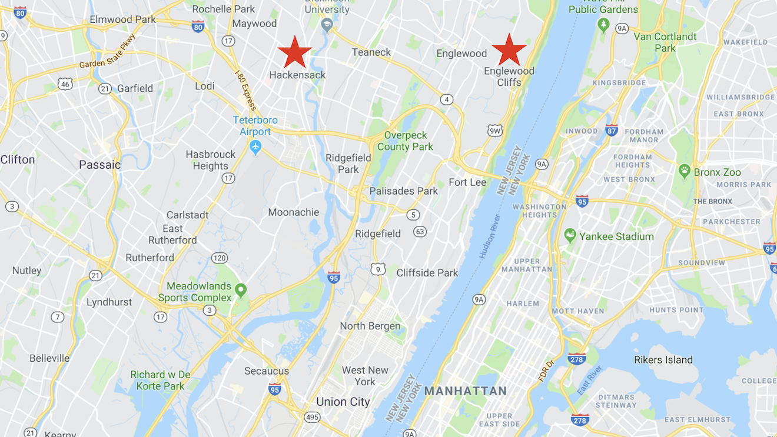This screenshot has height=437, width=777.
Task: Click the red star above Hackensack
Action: pos(294,52)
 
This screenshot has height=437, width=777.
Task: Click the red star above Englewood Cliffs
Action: pos(509,49)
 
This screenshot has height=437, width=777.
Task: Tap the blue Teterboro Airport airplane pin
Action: pos(255,146)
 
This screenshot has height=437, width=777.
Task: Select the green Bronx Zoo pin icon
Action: pos(684,171)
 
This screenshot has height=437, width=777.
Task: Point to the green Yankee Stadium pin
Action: pos(570,235)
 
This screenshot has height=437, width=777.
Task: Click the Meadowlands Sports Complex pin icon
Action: pos(240,289)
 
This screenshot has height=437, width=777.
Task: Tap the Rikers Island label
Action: pos(663,360)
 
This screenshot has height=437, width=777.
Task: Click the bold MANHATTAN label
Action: pos(466,391)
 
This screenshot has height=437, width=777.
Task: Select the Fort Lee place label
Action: pos(467,182)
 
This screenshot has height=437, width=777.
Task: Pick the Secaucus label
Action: pos(267,371)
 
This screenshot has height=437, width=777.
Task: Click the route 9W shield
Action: pos(495,131)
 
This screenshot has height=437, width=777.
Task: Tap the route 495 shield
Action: pos(312,417)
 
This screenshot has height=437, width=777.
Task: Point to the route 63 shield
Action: pos(420,231)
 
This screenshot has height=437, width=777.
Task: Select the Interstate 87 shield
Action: pos(612,131)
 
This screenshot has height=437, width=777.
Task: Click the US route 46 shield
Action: pos(65,84)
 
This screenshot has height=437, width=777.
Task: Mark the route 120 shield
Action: pos(220,258)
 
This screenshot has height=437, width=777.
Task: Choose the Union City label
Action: pos(343,402)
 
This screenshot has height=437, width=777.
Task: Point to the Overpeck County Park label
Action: pos(405,141)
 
